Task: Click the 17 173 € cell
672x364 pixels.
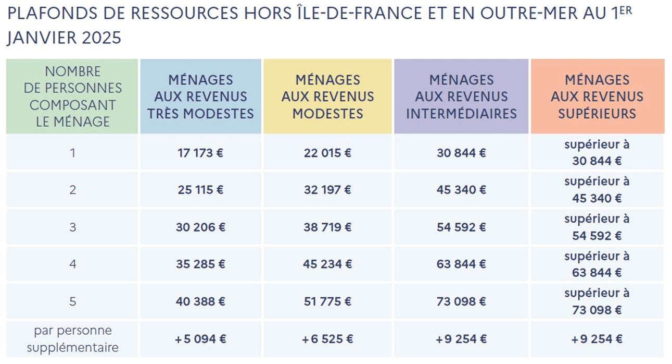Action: tap(200, 153)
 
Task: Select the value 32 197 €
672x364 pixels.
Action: tap(328, 190)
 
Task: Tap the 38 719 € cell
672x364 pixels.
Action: tap(328, 227)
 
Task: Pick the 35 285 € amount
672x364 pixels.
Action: tap(200, 264)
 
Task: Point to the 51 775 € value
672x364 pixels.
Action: tap(328, 301)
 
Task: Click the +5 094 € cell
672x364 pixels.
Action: tap(200, 339)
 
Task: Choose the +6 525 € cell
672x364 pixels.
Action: tap(328, 339)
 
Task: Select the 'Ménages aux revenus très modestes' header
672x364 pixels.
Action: tap(200, 96)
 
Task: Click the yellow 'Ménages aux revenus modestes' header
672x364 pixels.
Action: tap(328, 96)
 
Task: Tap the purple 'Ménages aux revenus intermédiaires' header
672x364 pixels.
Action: tap(461, 96)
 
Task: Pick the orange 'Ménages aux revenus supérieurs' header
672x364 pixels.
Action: tap(597, 96)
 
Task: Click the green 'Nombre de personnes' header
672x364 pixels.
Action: tap(72, 96)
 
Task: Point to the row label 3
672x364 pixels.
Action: tap(72, 227)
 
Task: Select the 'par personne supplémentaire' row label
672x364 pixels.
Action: tap(72, 339)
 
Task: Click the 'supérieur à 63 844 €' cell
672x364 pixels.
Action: tap(597, 264)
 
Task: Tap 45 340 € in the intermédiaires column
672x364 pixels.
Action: tap(461, 190)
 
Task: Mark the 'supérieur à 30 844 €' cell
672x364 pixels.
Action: tap(597, 153)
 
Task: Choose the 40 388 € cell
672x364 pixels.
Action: tap(200, 301)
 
